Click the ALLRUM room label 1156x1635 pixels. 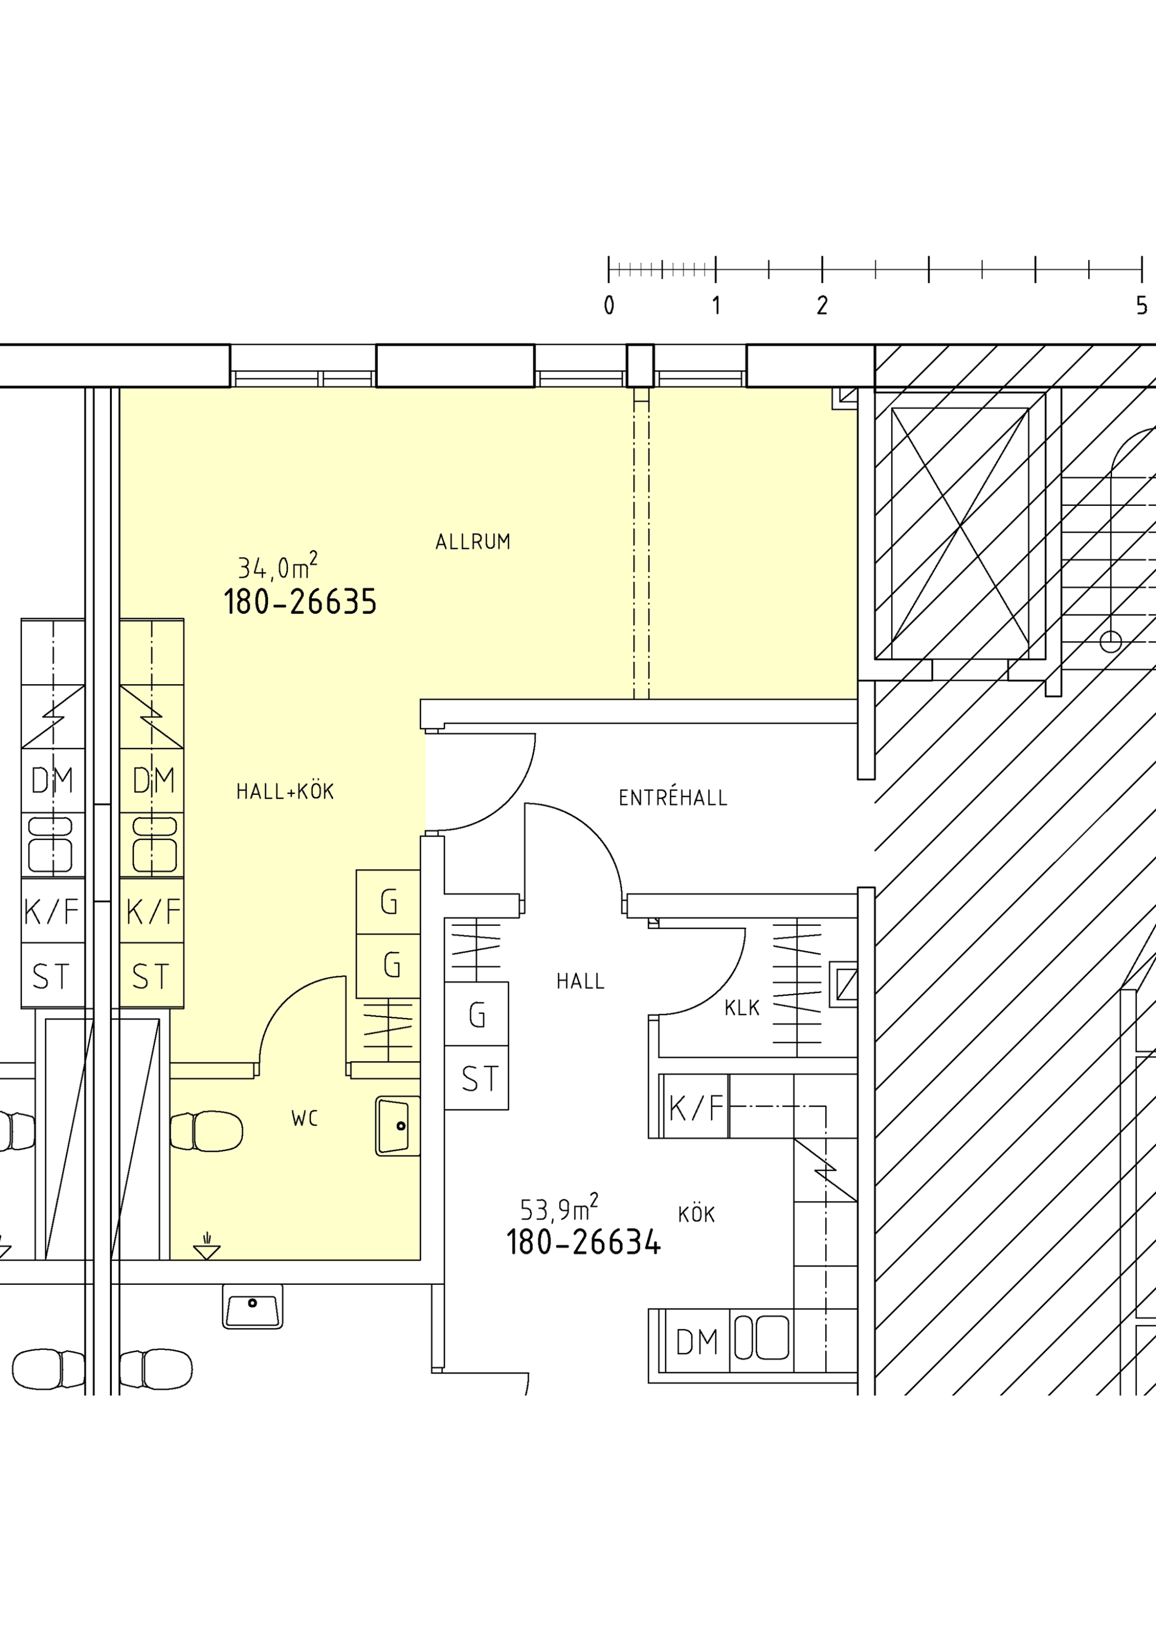click(473, 542)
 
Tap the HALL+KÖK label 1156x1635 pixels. click(285, 791)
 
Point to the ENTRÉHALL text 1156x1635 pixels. click(673, 798)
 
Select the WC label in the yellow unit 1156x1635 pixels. click(305, 1119)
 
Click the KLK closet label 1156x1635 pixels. click(742, 1007)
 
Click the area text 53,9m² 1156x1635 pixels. click(559, 1208)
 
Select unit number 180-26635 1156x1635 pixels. click(300, 602)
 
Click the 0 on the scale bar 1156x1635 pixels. click(609, 306)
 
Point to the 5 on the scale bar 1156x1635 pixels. click(1142, 306)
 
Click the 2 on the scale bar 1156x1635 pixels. click(822, 306)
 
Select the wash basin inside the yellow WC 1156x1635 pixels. click(397, 1126)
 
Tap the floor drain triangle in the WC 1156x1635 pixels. click(206, 1252)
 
